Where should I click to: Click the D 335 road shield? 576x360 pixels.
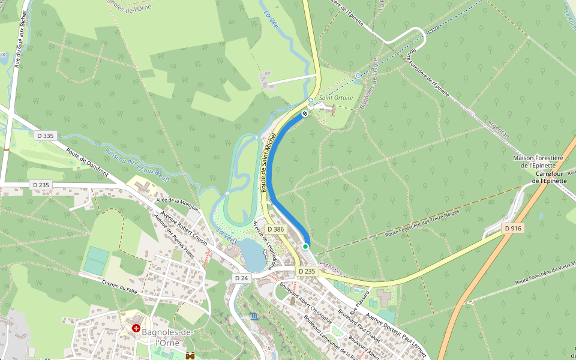pyautogui.click(x=44, y=136)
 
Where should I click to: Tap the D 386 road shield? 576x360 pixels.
pyautogui.click(x=275, y=229)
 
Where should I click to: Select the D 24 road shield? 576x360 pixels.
pyautogui.click(x=241, y=278)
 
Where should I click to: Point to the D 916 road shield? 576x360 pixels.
pyautogui.click(x=513, y=228)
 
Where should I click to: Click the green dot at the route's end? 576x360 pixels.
pyautogui.click(x=305, y=246)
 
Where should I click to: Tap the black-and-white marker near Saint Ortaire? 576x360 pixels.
pyautogui.click(x=305, y=113)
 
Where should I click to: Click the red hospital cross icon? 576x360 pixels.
pyautogui.click(x=136, y=328)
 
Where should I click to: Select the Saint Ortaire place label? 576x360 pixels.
pyautogui.click(x=336, y=98)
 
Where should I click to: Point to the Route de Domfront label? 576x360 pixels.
pyautogui.click(x=88, y=162)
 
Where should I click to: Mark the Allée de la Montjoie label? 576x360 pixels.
pyautogui.click(x=177, y=203)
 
